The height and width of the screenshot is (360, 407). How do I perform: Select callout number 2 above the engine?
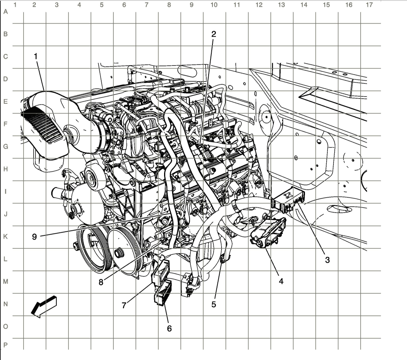(x=214, y=34)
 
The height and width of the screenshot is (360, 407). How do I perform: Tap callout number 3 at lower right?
(x=327, y=260)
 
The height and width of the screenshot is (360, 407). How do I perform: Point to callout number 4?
(x=281, y=281)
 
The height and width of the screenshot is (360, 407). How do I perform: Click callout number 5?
(x=214, y=304)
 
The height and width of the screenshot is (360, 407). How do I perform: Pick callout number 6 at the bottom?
(x=169, y=328)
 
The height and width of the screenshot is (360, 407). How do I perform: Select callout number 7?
(x=124, y=305)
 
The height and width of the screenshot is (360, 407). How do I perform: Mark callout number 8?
(x=101, y=282)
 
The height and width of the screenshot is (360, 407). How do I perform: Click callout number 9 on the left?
(x=34, y=237)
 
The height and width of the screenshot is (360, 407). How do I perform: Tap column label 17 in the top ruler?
(x=369, y=5)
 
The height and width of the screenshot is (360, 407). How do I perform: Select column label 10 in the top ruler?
(x=214, y=5)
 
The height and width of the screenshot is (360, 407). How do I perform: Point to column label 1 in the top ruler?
(x=14, y=5)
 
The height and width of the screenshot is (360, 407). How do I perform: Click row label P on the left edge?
(x=5, y=345)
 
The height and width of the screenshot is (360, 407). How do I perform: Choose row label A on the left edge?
(x=5, y=11)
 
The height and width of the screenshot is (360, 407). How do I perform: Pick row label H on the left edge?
(x=5, y=169)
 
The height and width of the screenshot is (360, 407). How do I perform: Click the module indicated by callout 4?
(x=268, y=231)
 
